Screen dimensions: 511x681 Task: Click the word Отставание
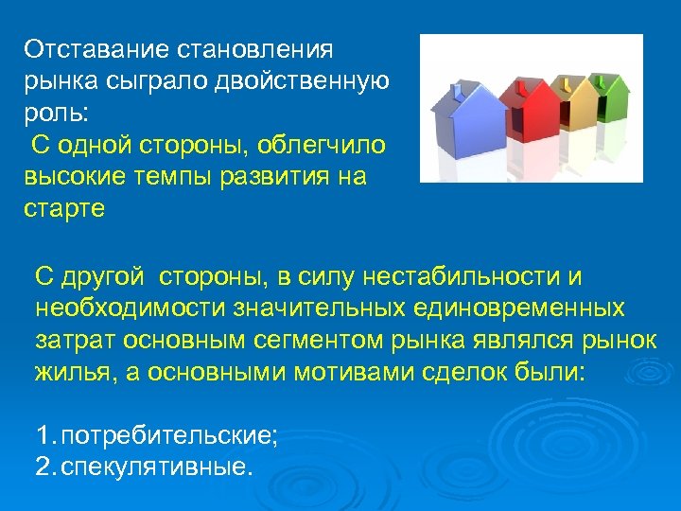tap(82, 48)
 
